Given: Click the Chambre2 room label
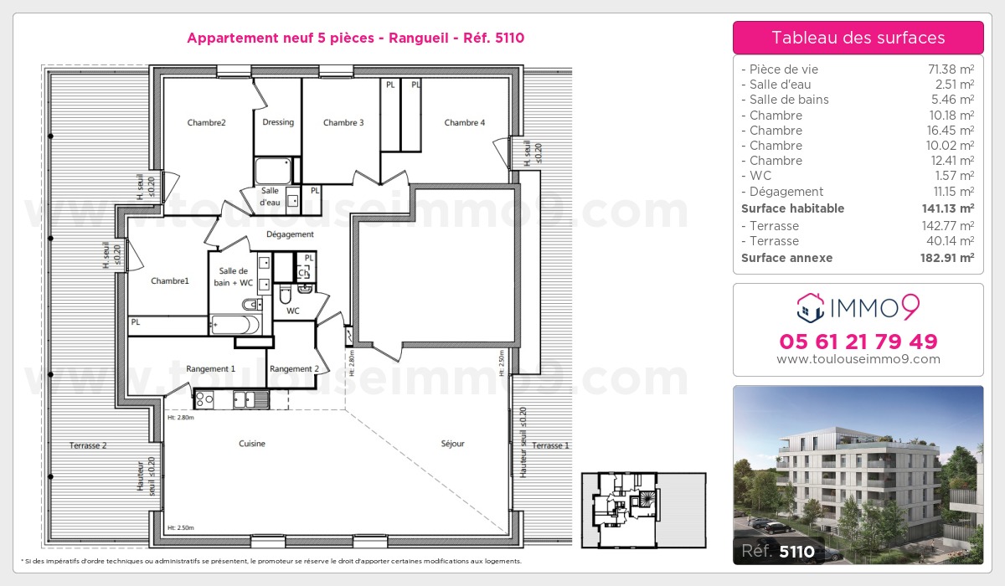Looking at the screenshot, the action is click(x=206, y=122).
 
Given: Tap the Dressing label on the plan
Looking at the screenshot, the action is click(x=278, y=122).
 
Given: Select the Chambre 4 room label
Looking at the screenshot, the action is click(x=464, y=122).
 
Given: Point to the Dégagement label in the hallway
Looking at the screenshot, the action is click(x=290, y=234).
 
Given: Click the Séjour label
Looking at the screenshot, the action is click(x=452, y=444).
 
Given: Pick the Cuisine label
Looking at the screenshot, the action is click(x=252, y=444).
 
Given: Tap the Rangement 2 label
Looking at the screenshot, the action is click(x=294, y=368).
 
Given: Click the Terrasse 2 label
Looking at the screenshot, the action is click(x=88, y=445).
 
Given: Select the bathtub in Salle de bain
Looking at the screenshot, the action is click(x=234, y=325).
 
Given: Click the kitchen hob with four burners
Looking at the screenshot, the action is click(x=204, y=399).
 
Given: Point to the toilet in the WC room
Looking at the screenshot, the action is click(x=286, y=293).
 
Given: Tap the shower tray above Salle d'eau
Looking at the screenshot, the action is click(x=273, y=171).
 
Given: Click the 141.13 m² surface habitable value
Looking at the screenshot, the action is click(x=947, y=208).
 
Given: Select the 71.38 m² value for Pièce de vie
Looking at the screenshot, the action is click(x=951, y=69).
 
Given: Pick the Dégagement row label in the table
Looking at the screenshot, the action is click(x=786, y=192).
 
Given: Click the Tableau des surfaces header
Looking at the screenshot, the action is click(x=858, y=38).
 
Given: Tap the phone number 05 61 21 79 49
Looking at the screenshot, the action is click(x=858, y=342).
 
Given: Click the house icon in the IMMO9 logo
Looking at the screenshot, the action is click(x=811, y=308).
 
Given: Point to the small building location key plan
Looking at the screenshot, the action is click(x=643, y=510).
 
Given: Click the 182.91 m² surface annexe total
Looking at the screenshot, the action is click(x=947, y=258).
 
